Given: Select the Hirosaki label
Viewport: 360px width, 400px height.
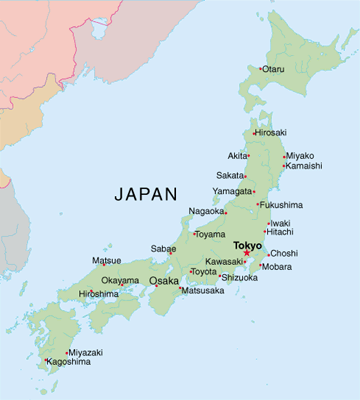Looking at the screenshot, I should [x=271, y=132].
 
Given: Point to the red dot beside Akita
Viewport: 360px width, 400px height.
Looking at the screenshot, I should [x=250, y=156].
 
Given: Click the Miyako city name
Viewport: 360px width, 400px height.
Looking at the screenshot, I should [x=300, y=156].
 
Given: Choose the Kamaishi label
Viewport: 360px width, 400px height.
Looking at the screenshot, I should [x=306, y=166].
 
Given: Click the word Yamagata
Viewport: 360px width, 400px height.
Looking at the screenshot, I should [x=232, y=190].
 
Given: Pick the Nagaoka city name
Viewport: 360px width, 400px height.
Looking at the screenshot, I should [x=206, y=211].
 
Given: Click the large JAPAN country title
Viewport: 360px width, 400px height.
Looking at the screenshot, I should [x=146, y=193].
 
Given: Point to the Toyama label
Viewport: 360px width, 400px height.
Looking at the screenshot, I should [x=210, y=234].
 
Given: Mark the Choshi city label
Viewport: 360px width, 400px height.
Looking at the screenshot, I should [x=284, y=253].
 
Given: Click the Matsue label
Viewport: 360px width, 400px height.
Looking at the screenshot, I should [x=106, y=260].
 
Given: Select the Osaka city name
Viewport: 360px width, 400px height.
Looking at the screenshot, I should [x=164, y=281].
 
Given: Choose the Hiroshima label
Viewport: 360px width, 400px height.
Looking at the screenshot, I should [x=98, y=294].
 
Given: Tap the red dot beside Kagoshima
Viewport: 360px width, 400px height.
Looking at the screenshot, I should [x=46, y=360].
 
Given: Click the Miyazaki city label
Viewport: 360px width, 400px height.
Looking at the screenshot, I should [x=87, y=352].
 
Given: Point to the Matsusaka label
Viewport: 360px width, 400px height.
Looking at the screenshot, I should [x=205, y=291].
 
